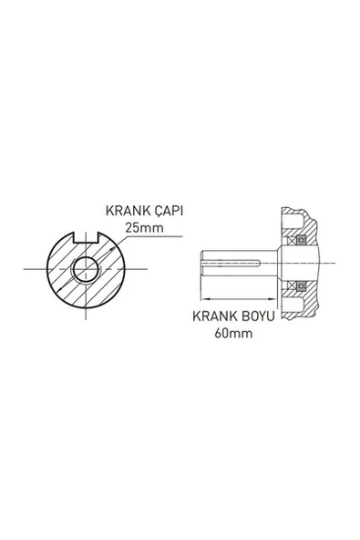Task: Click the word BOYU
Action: pos(256,318)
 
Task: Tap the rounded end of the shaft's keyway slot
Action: pos(262,264)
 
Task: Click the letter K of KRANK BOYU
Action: pos(197,318)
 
